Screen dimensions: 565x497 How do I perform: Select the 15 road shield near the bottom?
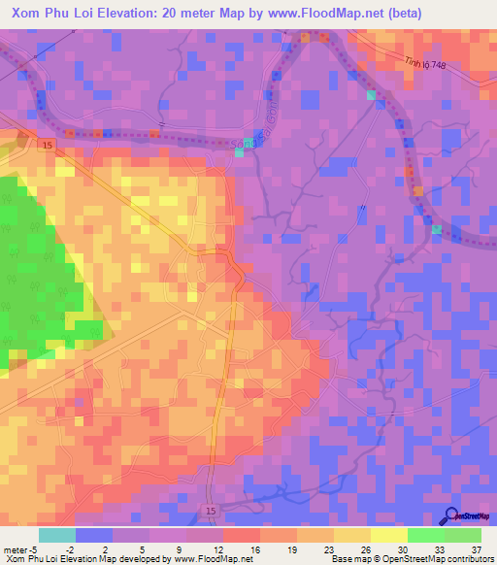(x=212, y=510)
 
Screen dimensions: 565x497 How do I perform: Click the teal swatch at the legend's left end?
(x=57, y=535)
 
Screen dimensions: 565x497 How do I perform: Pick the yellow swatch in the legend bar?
(x=388, y=535)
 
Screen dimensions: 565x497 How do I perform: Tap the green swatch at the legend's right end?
(x=462, y=535)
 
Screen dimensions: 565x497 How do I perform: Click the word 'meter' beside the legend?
(x=15, y=547)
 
